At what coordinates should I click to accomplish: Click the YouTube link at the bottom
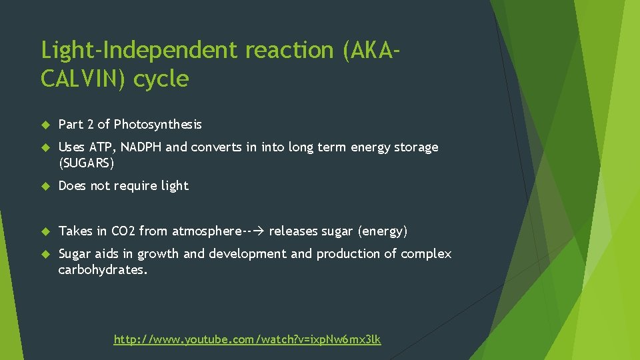(x=247, y=339)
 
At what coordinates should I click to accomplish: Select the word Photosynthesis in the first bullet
(x=158, y=124)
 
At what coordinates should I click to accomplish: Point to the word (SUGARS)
(x=87, y=162)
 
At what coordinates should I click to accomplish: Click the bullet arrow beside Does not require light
(x=45, y=186)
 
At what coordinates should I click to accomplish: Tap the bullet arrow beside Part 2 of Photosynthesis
(x=45, y=125)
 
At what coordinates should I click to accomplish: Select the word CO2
(x=123, y=231)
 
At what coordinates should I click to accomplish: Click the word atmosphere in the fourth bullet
(x=207, y=231)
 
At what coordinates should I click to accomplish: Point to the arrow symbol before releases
(x=259, y=231)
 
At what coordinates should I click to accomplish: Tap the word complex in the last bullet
(x=427, y=254)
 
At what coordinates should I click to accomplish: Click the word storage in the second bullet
(x=415, y=147)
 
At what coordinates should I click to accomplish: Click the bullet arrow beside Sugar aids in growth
(x=45, y=254)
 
